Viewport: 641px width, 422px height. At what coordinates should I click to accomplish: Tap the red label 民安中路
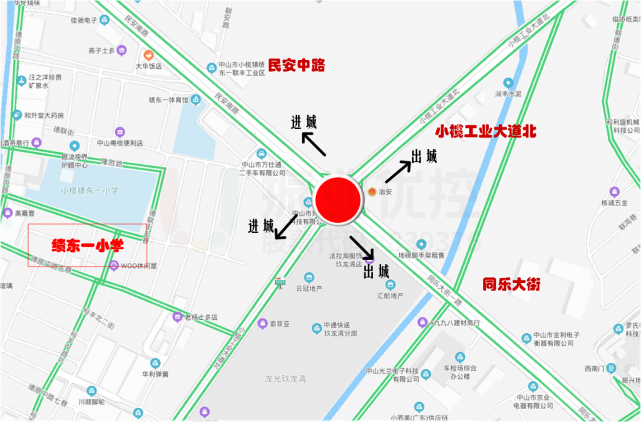tap(297, 65)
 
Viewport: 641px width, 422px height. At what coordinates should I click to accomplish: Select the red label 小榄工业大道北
tap(486, 131)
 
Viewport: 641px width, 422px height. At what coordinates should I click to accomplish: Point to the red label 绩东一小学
tap(87, 245)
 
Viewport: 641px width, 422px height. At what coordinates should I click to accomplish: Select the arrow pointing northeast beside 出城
tap(397, 171)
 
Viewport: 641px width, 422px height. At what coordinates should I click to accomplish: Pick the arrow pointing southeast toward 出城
tap(362, 247)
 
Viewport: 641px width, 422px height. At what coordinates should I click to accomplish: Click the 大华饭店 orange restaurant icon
tap(148, 55)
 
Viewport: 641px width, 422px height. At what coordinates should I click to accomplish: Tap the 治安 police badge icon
tap(372, 192)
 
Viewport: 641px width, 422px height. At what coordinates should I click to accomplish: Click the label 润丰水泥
tap(508, 93)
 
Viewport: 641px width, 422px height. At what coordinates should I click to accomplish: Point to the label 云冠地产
tap(308, 288)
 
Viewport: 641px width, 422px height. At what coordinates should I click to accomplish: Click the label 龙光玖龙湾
tap(285, 379)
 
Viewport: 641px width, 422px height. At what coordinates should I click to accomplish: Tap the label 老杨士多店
tap(200, 317)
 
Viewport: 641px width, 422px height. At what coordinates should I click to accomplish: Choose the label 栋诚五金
tap(613, 202)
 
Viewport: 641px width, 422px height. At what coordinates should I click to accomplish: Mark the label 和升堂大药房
tap(44, 115)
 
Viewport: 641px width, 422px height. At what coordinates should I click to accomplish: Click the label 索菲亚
tap(279, 324)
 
